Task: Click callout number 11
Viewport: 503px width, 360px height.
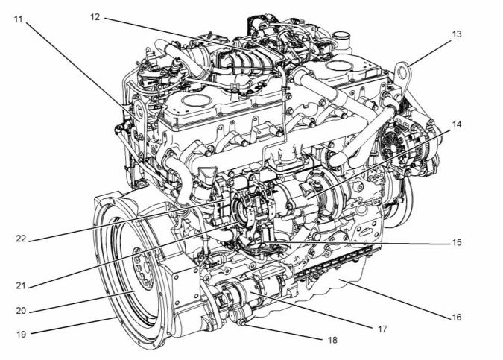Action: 19,19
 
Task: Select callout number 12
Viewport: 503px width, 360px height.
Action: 95,17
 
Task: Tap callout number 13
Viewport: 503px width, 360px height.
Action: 457,34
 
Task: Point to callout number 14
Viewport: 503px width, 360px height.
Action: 457,124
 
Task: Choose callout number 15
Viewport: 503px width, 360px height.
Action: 457,242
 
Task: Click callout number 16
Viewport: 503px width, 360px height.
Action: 457,318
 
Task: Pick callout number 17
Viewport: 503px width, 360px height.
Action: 382,329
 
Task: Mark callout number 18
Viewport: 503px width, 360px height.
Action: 332,340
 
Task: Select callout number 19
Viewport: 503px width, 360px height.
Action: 21,335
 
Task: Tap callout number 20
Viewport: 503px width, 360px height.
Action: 21,311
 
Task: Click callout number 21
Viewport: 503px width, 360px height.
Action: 21,285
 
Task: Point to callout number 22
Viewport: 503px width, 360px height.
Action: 21,239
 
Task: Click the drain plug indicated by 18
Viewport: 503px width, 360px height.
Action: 241,322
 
